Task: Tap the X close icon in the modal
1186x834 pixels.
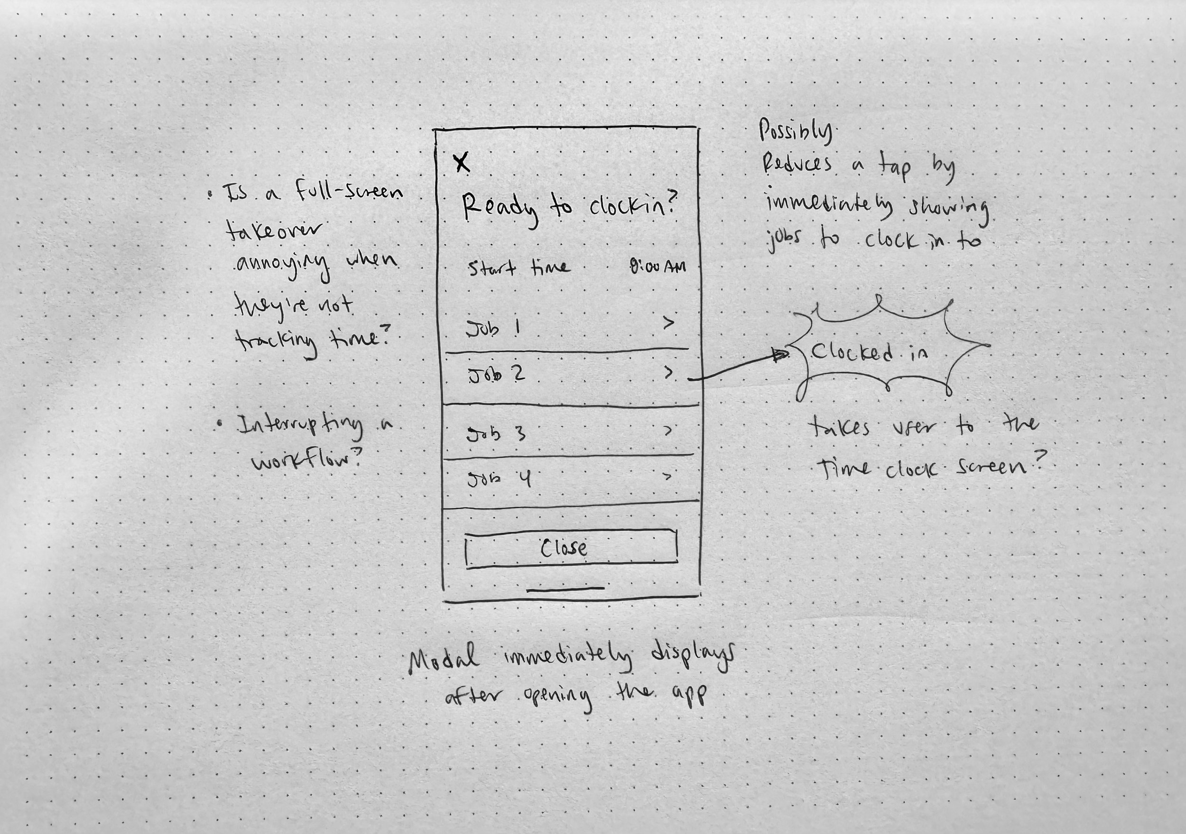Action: pyautogui.click(x=462, y=162)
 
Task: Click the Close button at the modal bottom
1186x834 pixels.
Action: pyautogui.click(x=571, y=548)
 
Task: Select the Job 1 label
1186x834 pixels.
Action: pyautogui.click(x=493, y=329)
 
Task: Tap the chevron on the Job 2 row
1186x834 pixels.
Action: pyautogui.click(x=668, y=372)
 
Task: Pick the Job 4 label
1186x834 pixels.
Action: pyautogui.click(x=498, y=480)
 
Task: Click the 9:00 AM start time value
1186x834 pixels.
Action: pyautogui.click(x=658, y=266)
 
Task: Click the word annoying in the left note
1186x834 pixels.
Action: pyautogui.click(x=283, y=265)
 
